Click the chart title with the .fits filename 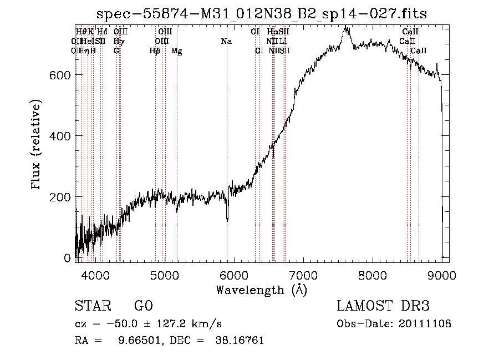[x=262, y=13]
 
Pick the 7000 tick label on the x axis [x=303, y=273]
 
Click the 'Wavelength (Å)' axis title [x=261, y=290]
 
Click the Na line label [x=226, y=42]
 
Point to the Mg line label [x=177, y=51]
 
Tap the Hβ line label [x=155, y=51]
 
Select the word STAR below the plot [x=92, y=306]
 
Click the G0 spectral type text [x=143, y=306]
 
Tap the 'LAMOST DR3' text [x=383, y=306]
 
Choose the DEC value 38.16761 [x=240, y=341]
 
